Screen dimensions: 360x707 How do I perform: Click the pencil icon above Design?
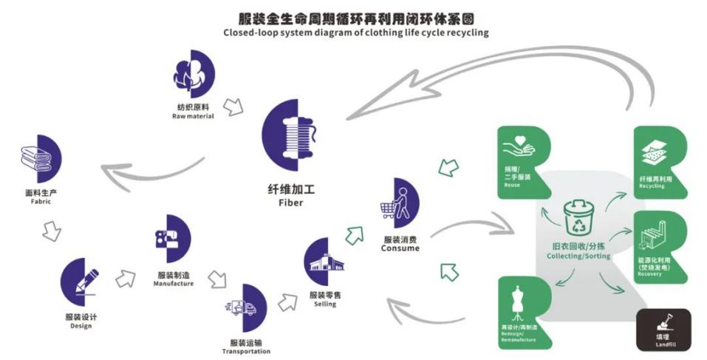point(82,282)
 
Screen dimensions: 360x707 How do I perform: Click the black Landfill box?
point(663,329)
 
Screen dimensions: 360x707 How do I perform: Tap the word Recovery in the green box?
point(649,274)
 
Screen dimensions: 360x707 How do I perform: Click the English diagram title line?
point(355,33)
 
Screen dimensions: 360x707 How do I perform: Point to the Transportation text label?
point(246,351)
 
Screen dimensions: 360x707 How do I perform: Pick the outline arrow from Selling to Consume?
point(355,235)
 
